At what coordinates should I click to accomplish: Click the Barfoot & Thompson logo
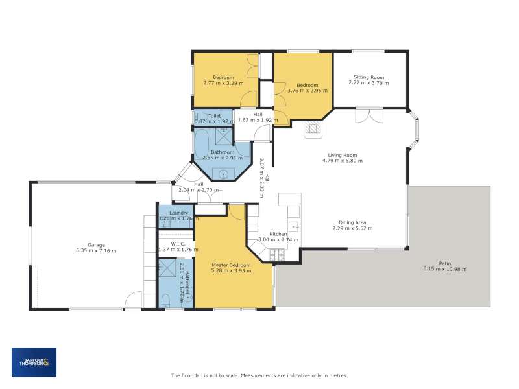tap(34, 362)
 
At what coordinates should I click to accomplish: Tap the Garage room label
tap(96, 245)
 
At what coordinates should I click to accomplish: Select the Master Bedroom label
tap(231, 265)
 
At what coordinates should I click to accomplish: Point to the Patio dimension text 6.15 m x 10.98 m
tap(445, 269)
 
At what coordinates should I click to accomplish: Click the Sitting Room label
tap(368, 77)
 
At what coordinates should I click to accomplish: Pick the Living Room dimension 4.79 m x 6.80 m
tap(343, 161)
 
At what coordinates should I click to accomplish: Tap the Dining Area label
tap(352, 222)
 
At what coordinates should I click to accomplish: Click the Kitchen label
tap(278, 234)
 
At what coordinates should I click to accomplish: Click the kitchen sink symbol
tap(294, 226)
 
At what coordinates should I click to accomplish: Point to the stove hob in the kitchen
tap(277, 254)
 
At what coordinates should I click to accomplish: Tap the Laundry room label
tap(179, 213)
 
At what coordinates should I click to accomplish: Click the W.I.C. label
tap(178, 244)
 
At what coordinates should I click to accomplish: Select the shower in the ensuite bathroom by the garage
tap(167, 268)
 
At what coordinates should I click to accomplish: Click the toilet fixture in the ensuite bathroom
tap(165, 301)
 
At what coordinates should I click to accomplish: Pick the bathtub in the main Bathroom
tap(202, 143)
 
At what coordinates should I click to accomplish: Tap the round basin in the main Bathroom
tap(223, 173)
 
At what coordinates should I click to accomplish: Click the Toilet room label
tap(215, 116)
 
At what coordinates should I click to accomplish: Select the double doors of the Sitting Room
tap(369, 115)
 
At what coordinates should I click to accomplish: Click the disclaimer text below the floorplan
tap(259, 375)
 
